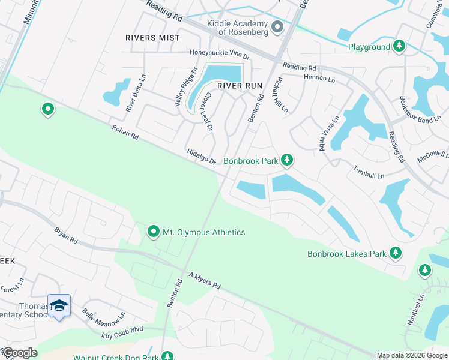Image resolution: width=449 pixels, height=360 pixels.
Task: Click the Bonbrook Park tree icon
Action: coord(288,160)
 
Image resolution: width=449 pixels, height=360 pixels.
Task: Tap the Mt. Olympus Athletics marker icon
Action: coord(154,232)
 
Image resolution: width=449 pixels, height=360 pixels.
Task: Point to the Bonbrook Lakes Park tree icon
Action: coord(395,253)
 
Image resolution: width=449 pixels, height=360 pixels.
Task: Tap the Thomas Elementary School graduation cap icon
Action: coord(59,306)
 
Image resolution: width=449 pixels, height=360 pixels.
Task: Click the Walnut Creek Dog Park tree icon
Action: coord(167,358)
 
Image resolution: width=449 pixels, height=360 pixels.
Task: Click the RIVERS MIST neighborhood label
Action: coord(152,38)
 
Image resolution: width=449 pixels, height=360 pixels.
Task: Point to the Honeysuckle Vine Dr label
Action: coord(219,53)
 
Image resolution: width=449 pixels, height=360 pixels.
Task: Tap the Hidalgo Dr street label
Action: coord(201,157)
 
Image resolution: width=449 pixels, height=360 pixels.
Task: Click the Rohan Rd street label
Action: coord(125,132)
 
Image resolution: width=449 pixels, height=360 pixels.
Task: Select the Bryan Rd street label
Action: coord(66,235)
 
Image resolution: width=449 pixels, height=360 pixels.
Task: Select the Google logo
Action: coord(19,353)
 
